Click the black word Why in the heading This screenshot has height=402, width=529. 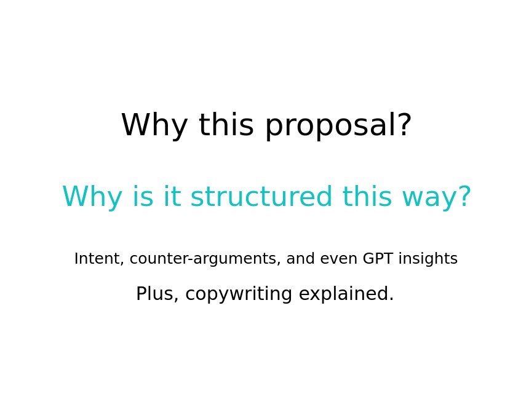154,125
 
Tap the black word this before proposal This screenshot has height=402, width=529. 226,124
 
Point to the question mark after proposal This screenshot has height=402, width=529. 404,124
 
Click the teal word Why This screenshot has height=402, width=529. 92,197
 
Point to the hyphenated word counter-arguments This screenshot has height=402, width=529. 205,259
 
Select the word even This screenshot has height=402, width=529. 339,259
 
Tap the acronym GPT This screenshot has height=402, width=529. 378,259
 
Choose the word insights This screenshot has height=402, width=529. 428,259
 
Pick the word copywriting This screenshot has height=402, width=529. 239,294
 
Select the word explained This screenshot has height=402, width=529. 346,294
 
